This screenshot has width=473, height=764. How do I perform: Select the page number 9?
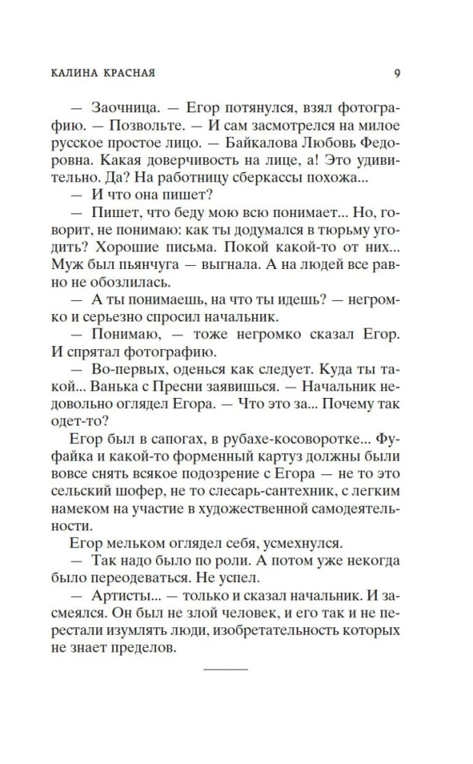tap(397, 74)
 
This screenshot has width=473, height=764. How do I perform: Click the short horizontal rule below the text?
tap(226, 668)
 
